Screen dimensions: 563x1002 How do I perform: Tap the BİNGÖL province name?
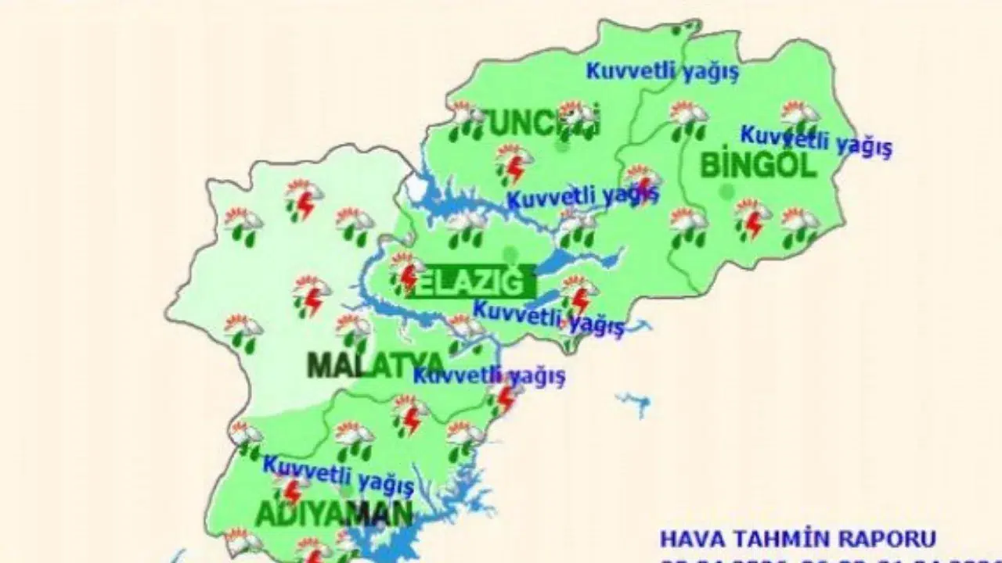coord(758,165)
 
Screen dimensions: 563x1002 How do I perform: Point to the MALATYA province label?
coord(376,364)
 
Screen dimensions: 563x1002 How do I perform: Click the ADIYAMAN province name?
coord(333,514)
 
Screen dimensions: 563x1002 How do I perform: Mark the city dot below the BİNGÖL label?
coord(727,190)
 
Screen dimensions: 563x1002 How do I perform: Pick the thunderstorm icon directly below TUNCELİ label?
coord(514,163)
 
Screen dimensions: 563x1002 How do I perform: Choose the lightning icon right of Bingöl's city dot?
coord(752,219)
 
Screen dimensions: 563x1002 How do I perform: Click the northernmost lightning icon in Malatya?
coord(304,199)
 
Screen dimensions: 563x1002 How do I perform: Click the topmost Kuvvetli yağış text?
coord(662,71)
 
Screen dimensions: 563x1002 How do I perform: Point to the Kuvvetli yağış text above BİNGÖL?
coord(816,142)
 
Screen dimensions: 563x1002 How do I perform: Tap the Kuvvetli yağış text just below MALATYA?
coord(488,376)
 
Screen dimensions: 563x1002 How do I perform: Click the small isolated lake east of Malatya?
coord(634,403)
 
